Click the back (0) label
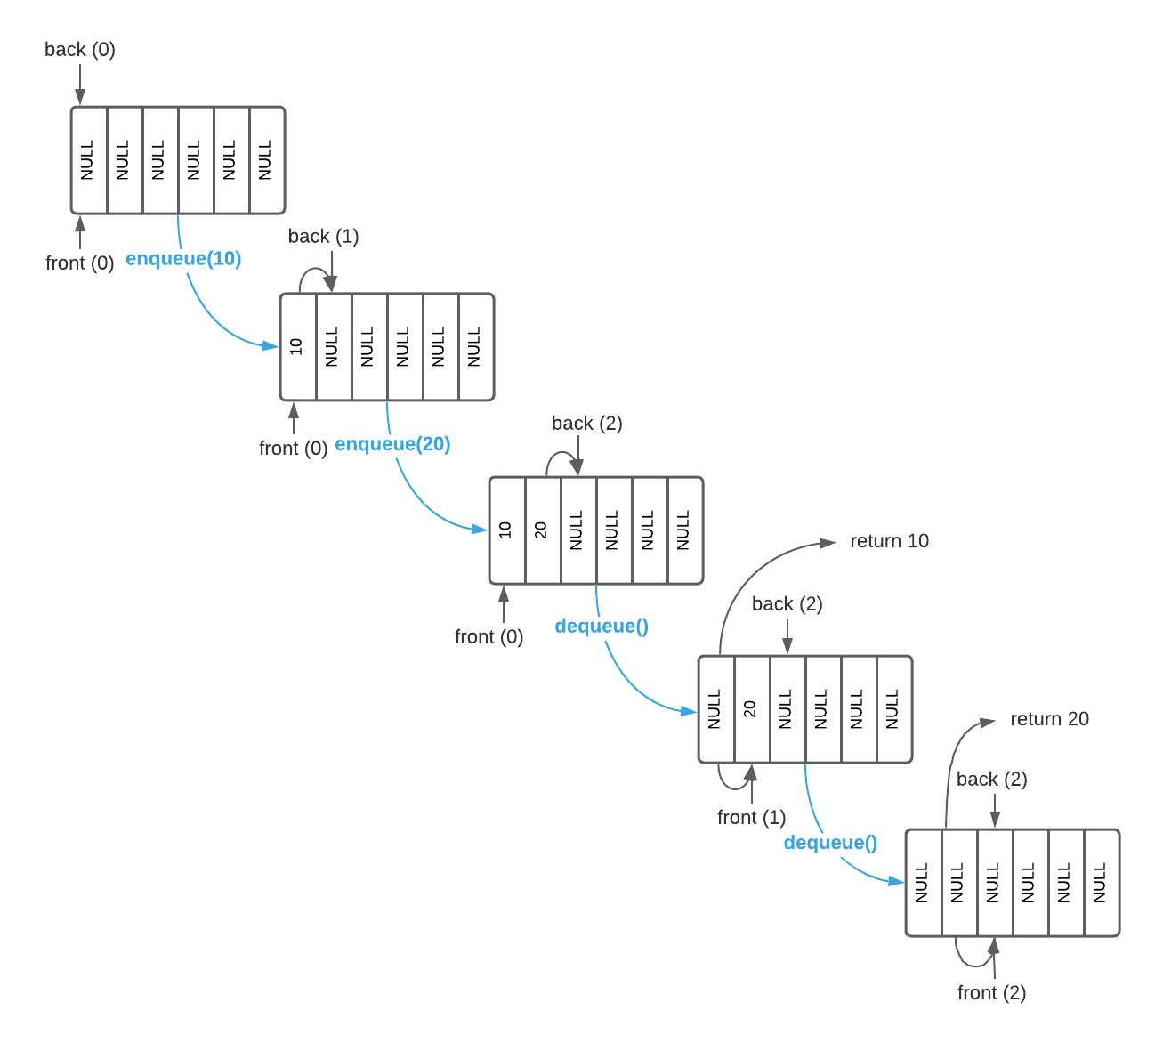tap(80, 50)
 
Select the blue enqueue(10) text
tap(183, 259)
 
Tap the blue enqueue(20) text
tap(392, 444)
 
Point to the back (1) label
tap(323, 237)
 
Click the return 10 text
tap(889, 541)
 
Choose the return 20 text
tap(1049, 719)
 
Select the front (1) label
tap(751, 817)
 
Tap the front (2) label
tap(991, 992)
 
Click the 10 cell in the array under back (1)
tap(298, 347)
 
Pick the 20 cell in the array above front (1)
tap(752, 709)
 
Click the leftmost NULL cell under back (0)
tap(89, 160)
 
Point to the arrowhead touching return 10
tap(828, 542)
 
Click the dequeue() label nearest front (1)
tap(830, 843)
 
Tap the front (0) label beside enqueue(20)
tap(293, 448)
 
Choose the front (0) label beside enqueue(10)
tap(79, 263)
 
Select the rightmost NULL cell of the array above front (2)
tap(1102, 883)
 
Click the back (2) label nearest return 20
tap(991, 780)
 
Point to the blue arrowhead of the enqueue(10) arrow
tap(271, 346)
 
